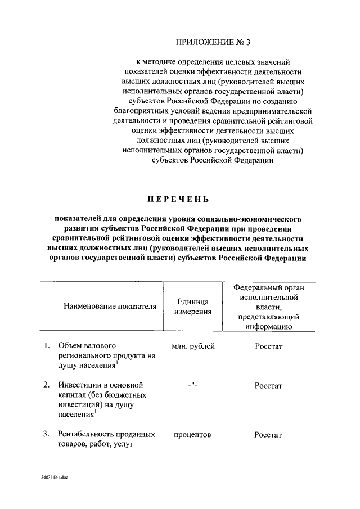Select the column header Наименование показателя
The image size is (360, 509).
(109, 307)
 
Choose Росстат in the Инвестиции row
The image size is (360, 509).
(268, 386)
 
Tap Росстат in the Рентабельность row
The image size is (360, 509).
(268, 435)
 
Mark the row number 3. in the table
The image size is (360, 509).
(47, 435)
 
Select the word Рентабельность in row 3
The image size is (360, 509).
(83, 435)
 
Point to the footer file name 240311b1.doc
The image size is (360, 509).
(54, 476)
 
